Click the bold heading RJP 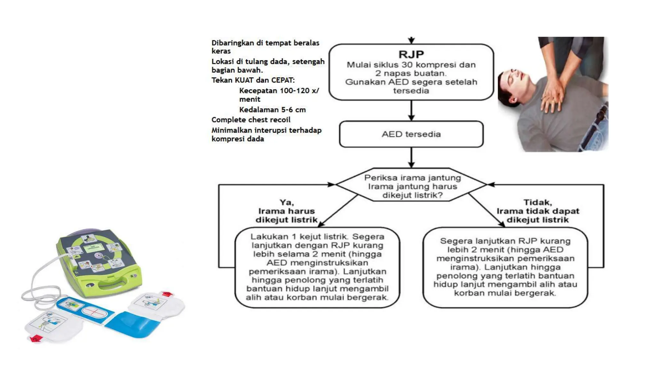(x=411, y=54)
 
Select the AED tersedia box (x=411, y=134)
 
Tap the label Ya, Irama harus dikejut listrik (x=286, y=211)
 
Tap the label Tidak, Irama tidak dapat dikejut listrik (x=538, y=211)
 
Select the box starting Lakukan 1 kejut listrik (x=317, y=267)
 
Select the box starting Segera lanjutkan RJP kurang (x=505, y=267)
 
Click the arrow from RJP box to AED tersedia (x=411, y=111)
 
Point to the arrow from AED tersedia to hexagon (x=411, y=157)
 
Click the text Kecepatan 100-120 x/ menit (x=279, y=95)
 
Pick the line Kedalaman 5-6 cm (x=272, y=110)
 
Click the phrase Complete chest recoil (x=251, y=120)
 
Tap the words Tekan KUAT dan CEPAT (x=253, y=80)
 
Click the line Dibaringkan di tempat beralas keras (x=265, y=47)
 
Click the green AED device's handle (x=112, y=284)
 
